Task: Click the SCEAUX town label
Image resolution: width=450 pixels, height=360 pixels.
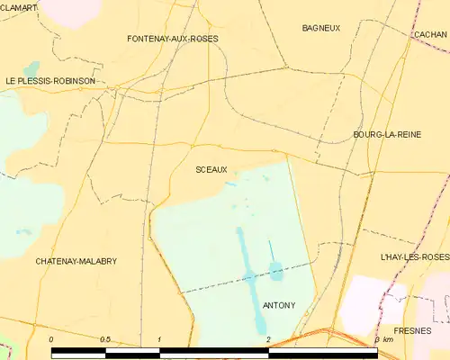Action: point(211,169)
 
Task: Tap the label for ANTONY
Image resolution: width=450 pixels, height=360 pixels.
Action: point(279,305)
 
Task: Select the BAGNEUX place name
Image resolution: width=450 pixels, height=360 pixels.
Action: point(321,28)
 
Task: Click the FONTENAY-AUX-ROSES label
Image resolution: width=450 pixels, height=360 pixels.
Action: point(173,39)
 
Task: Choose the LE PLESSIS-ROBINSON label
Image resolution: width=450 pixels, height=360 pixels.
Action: point(50,81)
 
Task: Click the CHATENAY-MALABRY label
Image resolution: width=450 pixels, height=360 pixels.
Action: point(76,261)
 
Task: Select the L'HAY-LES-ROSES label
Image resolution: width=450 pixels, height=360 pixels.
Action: point(415,257)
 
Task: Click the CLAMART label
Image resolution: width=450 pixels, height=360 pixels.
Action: point(19,7)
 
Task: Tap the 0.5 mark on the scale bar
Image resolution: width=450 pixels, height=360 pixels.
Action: point(105,339)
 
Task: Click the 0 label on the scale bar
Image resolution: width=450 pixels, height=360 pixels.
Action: point(51,339)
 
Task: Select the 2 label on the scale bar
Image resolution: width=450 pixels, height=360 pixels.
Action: point(268,339)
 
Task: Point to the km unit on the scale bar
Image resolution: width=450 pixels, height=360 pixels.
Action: point(388,339)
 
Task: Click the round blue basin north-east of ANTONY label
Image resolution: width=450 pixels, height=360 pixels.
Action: point(275,269)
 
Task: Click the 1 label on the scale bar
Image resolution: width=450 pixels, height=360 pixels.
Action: point(159,339)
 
